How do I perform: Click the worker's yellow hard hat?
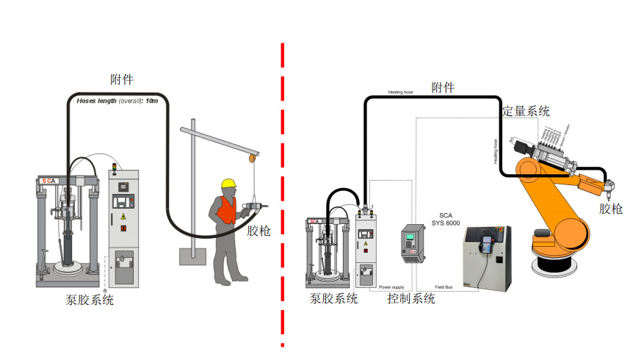[x=228, y=184]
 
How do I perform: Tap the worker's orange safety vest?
[x=225, y=210]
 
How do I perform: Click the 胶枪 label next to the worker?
[x=258, y=231]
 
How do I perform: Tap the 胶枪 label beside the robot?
[x=611, y=209]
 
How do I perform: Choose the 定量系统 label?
[x=526, y=112]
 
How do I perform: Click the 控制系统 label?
[x=411, y=299]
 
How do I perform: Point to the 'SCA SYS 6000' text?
[x=446, y=218]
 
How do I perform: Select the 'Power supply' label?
[x=391, y=287]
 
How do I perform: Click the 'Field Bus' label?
[x=443, y=287]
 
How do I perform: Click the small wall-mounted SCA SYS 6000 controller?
[x=410, y=243]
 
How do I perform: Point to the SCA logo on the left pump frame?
[x=48, y=180]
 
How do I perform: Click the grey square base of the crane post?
[x=192, y=257]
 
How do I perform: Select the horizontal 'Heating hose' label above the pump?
[x=401, y=93]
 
